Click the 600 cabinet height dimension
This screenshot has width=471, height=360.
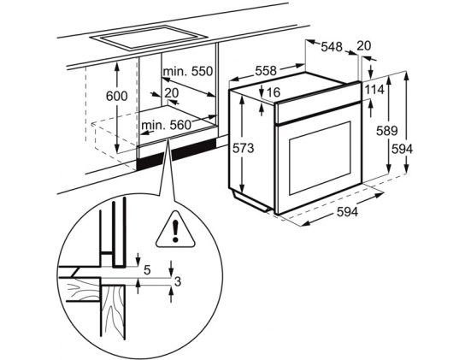(x=117, y=96)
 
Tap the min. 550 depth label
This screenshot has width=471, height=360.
(x=188, y=72)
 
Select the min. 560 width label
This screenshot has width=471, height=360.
(x=166, y=125)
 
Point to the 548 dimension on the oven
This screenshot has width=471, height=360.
(x=332, y=47)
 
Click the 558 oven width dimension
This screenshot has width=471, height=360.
(x=266, y=71)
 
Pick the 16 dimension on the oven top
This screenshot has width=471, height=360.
(x=273, y=92)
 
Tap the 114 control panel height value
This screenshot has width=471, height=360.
(x=374, y=90)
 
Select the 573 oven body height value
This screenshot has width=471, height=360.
(x=244, y=148)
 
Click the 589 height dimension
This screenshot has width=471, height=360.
(x=387, y=131)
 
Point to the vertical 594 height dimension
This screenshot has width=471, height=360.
(x=402, y=149)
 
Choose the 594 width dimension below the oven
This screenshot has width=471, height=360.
(x=347, y=212)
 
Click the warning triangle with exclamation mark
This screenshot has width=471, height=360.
(x=175, y=230)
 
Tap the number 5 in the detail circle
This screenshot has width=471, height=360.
(x=147, y=270)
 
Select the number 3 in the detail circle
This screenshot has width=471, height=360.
(x=178, y=282)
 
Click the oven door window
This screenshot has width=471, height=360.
(x=321, y=158)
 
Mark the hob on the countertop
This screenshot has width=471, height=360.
(x=149, y=38)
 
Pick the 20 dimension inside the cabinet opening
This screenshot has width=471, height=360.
(x=172, y=93)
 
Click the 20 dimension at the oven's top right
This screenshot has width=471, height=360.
(x=364, y=46)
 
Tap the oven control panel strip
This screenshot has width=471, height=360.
(x=318, y=112)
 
